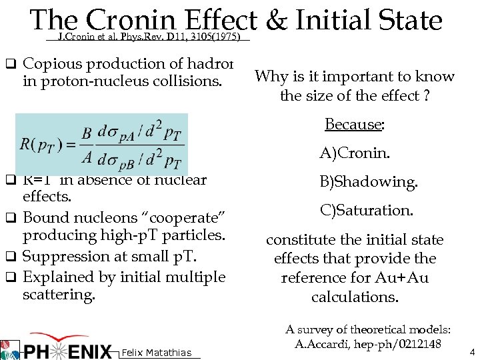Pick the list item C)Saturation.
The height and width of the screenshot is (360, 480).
[x=367, y=210]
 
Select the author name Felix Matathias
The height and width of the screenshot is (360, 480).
[x=157, y=353]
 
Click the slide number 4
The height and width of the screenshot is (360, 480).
[x=472, y=351]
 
